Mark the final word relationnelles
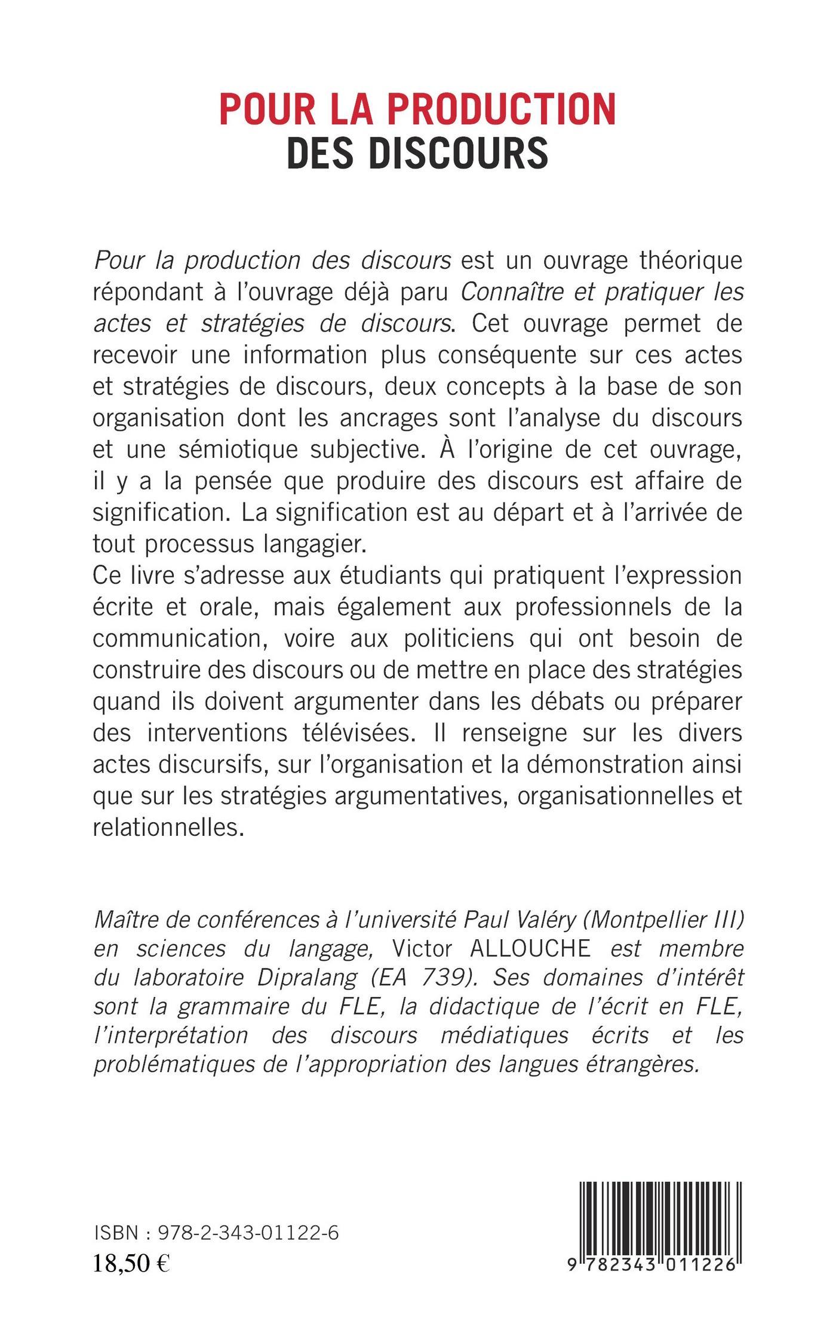(168, 828)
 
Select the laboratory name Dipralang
(306, 995)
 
